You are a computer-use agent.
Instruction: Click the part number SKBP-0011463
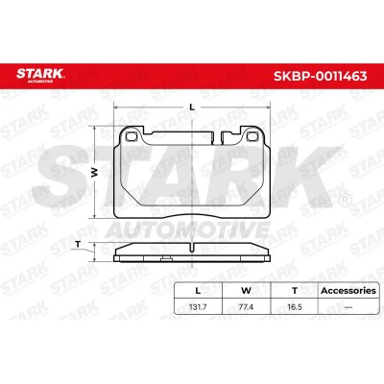point(320,76)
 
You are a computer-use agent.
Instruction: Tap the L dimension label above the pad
point(192,108)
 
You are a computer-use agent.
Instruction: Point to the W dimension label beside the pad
point(94,173)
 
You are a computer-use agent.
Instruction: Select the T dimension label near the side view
point(77,245)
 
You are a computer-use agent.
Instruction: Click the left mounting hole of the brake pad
point(131,136)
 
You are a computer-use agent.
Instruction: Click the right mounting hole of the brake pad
point(252,136)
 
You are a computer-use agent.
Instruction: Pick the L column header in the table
point(198,291)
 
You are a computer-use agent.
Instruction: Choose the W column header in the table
point(246,291)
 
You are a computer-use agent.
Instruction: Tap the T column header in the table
point(295,291)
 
